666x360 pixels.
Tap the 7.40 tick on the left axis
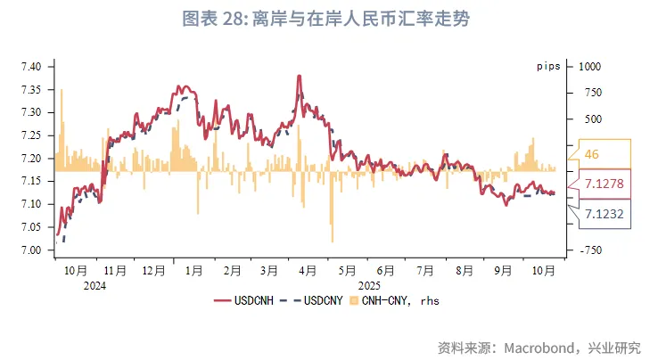(x=31, y=67)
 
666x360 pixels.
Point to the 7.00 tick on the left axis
(x=31, y=250)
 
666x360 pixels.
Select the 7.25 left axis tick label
(x=31, y=135)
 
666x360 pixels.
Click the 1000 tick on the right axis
(x=589, y=67)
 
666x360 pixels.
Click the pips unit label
(x=547, y=67)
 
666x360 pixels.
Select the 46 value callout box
(x=604, y=154)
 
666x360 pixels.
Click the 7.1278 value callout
(x=604, y=184)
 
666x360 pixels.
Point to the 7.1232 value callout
(x=604, y=214)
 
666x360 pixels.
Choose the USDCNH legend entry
(x=247, y=301)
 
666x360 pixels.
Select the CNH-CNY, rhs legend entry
(x=395, y=301)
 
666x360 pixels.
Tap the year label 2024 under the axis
(x=94, y=285)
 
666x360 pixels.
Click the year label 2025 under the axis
(x=368, y=285)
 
